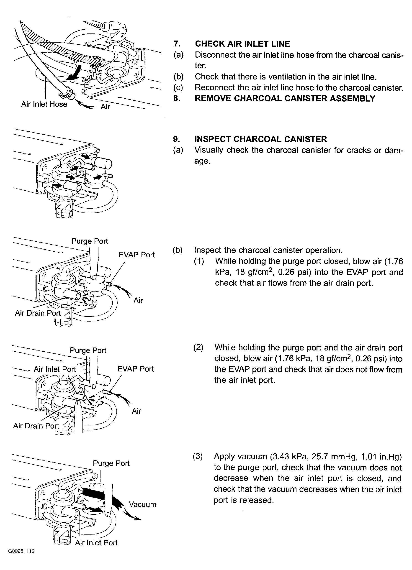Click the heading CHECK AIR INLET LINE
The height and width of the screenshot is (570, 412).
tap(242, 44)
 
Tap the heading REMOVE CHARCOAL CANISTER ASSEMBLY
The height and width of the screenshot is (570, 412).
tap(285, 98)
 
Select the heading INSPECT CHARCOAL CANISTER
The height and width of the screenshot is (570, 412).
tap(261, 139)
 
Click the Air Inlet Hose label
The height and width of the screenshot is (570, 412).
tap(44, 104)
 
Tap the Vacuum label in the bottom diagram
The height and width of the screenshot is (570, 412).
tap(142, 504)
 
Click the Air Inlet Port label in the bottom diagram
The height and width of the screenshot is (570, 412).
tap(96, 543)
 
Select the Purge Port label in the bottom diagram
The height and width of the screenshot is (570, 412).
tap(111, 463)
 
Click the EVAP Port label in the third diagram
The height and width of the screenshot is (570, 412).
tap(136, 255)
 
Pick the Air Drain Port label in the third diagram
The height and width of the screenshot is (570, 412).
tap(38, 313)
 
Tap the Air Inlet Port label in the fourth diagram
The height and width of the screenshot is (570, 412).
tap(55, 369)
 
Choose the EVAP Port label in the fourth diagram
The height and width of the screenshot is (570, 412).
tap(135, 369)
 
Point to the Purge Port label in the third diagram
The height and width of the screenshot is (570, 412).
tap(90, 241)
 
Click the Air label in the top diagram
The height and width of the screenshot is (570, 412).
tap(105, 107)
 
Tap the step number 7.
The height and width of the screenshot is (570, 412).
tap(177, 44)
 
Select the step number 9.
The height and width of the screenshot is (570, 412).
tap(176, 139)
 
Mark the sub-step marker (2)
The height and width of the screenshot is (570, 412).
tap(198, 348)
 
